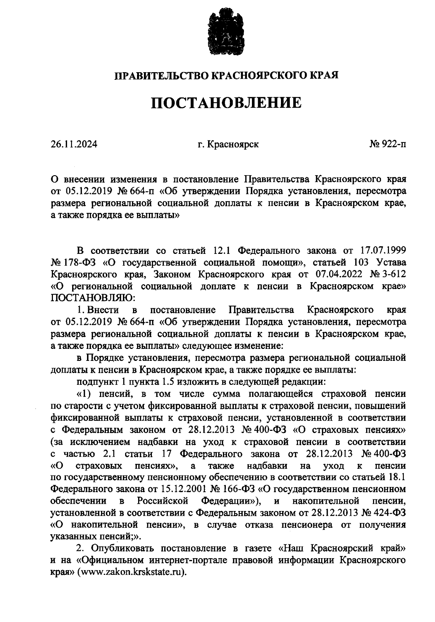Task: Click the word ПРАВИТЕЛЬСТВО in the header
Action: click(x=162, y=75)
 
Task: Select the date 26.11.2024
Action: click(x=74, y=144)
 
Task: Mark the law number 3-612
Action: click(x=393, y=275)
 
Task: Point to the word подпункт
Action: click(x=93, y=382)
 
